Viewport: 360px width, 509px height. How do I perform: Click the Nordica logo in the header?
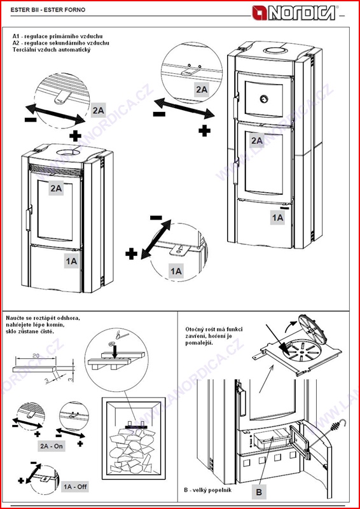click(294, 13)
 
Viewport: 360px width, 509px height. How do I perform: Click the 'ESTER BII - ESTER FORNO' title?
click(48, 10)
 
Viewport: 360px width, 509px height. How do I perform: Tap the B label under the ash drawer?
click(259, 492)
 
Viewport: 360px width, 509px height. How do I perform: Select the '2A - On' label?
click(52, 446)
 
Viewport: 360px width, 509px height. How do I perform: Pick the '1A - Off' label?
click(74, 487)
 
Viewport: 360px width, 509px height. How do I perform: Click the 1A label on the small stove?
click(71, 261)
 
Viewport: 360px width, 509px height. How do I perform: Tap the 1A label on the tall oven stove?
click(277, 218)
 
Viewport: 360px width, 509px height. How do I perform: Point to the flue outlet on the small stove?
click(69, 151)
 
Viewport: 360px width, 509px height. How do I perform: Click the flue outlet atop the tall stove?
click(275, 50)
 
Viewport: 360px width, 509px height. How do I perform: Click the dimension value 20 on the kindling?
click(36, 356)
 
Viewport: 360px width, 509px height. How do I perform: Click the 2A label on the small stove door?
click(57, 188)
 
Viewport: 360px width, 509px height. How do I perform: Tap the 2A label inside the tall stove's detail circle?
click(202, 89)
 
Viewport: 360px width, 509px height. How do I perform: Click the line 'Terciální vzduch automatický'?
click(51, 50)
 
